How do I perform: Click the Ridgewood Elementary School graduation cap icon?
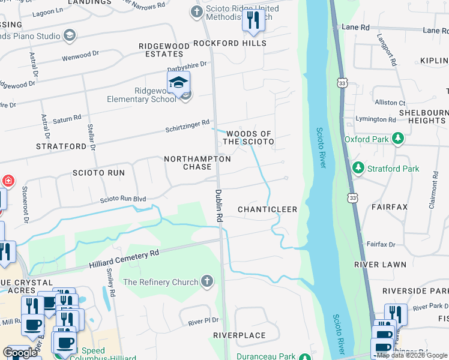[178, 83]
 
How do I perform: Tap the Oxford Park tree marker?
[397, 139]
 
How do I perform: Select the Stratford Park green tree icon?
[358, 168]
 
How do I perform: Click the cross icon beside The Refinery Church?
[207, 281]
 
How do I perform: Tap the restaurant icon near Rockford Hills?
[253, 20]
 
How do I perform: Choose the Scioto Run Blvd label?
[123, 199]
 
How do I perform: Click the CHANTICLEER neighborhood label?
[268, 209]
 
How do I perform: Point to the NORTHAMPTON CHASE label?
[197, 163]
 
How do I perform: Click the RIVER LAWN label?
[380, 264]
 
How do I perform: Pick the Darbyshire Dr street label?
[187, 64]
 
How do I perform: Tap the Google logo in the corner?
[20, 353]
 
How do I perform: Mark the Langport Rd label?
[387, 49]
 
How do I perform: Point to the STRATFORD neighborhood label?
[61, 146]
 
